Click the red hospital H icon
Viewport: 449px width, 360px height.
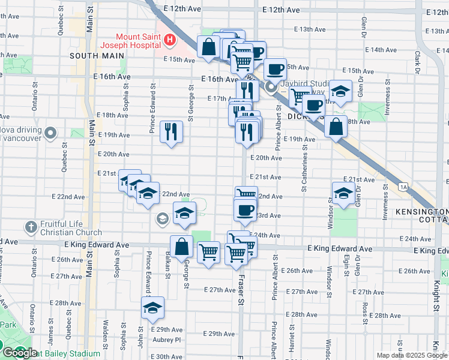point(170,40)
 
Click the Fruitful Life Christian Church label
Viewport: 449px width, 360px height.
point(71,228)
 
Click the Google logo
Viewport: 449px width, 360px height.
point(19,353)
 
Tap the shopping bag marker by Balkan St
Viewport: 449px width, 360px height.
point(181,247)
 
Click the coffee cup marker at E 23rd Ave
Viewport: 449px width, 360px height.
point(244,211)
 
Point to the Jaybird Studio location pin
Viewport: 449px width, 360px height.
point(271,88)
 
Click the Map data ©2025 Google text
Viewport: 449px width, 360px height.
point(412,355)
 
